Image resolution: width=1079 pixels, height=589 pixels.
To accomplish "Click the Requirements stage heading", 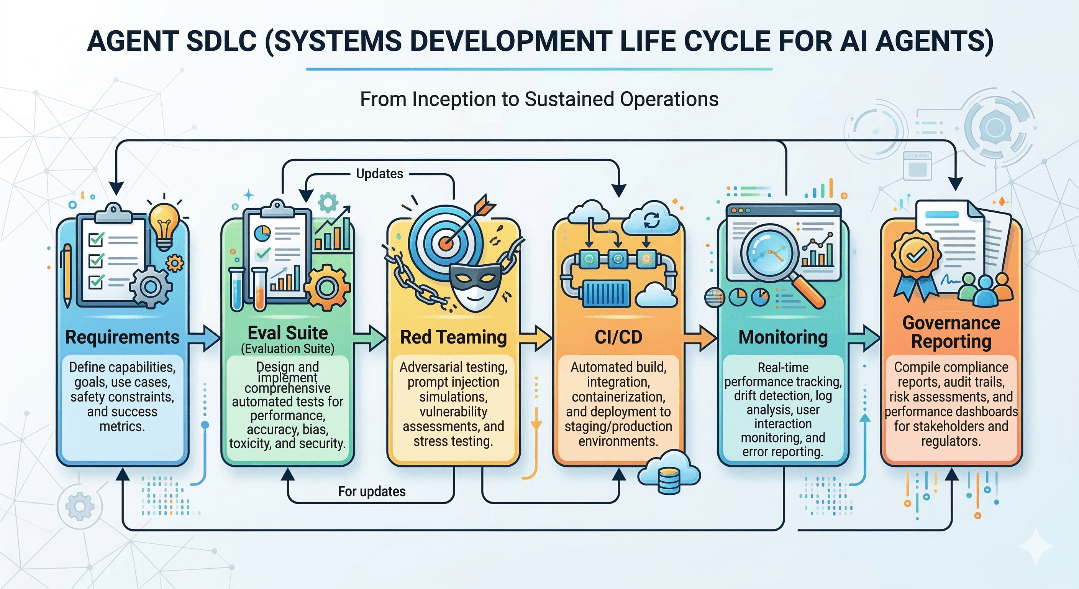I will click(122, 337).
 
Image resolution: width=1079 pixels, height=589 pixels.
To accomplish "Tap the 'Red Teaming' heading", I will click(453, 337).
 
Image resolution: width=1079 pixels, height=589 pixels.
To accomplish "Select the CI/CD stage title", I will click(618, 337).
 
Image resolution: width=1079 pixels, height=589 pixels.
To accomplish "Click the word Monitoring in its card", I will click(783, 337).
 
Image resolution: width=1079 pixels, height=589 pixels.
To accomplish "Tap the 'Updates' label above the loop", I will click(379, 174).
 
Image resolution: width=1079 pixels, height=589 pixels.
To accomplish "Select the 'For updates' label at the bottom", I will click(372, 491).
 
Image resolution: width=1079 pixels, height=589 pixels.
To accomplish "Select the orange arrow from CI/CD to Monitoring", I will click(700, 337).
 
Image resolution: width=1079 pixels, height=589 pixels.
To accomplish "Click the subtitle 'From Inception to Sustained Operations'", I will click(539, 99).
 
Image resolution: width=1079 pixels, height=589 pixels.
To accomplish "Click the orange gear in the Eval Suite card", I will click(327, 288).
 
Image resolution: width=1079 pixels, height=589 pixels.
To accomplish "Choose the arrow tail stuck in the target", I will click(484, 206).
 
